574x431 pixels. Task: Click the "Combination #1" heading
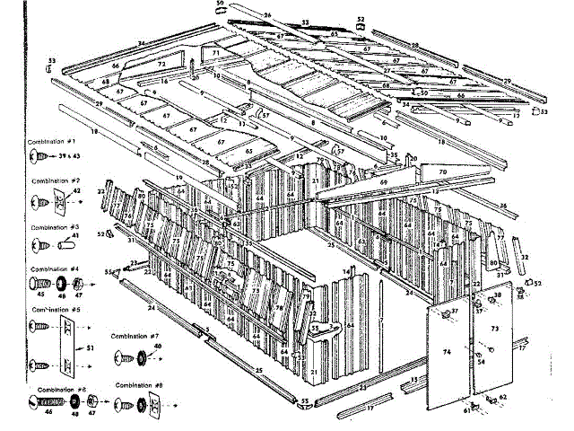[53, 142]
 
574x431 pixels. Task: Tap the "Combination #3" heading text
[54, 227]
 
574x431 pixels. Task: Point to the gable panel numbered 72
[162, 65]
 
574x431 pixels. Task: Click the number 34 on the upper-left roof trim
[141, 44]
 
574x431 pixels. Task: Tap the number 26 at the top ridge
[266, 15]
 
